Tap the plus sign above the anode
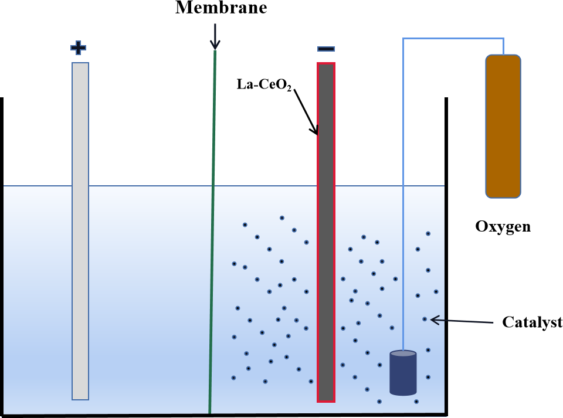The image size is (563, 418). tap(79, 47)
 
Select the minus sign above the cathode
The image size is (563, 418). tap(326, 49)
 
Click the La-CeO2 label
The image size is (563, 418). tap(264, 85)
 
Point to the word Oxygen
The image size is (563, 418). tap(503, 226)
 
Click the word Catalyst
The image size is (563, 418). tap(532, 322)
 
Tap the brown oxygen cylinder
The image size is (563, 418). tap(503, 125)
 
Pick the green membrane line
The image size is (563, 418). tap(212, 235)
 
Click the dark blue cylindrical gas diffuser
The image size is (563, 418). tap(403, 375)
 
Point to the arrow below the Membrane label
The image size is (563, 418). tap(215, 36)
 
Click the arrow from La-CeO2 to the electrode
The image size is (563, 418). tap(306, 111)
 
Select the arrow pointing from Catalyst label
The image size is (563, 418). tap(463, 321)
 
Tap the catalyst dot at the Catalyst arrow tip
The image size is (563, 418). tap(425, 320)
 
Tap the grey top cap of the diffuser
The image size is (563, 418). tap(403, 354)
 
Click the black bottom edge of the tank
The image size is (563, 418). tap(223, 416)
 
